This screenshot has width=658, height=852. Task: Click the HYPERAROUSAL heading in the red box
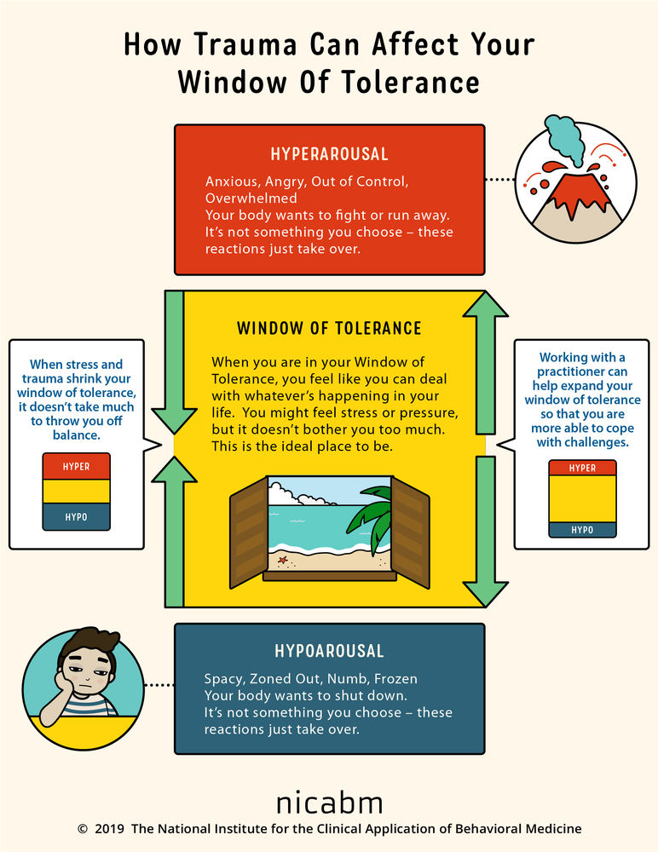point(329,154)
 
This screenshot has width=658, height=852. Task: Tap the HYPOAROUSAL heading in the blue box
point(329,651)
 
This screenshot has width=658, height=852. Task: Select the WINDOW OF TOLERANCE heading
point(329,328)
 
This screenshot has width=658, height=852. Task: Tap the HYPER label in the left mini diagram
point(76,467)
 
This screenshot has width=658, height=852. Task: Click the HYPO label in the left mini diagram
point(76,517)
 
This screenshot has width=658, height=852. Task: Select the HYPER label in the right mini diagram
point(582,468)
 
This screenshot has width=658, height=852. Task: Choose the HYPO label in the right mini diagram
point(582,530)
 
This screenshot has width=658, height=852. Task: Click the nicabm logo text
point(329,802)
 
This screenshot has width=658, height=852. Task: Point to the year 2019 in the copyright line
point(110,828)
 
